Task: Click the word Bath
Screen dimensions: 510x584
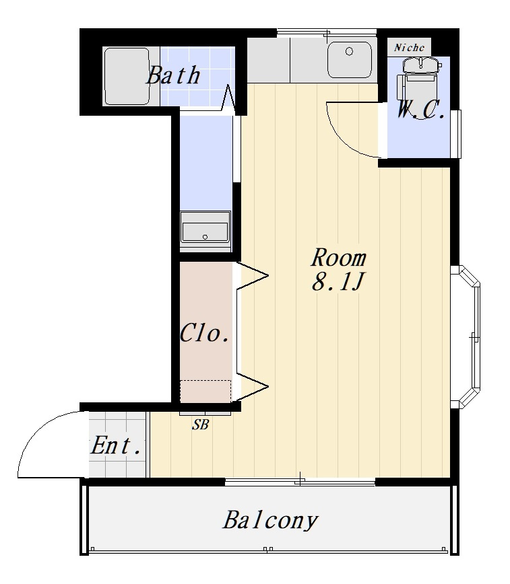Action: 173,75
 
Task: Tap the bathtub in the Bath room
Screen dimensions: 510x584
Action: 127,76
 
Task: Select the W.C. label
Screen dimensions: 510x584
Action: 420,110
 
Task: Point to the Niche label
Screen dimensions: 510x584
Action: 409,48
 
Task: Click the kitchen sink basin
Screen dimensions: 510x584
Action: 350,60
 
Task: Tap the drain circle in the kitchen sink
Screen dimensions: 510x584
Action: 349,51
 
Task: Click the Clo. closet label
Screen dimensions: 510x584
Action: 204,332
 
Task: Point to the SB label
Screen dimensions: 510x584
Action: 200,425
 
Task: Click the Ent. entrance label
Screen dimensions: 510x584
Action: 116,445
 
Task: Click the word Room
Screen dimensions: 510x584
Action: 339,258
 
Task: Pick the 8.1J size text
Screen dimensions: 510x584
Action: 338,282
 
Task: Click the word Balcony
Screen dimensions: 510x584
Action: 270,520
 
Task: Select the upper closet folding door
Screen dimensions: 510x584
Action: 252,276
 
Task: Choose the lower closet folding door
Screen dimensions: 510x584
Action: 252,387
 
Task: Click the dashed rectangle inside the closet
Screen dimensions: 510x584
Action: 205,391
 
